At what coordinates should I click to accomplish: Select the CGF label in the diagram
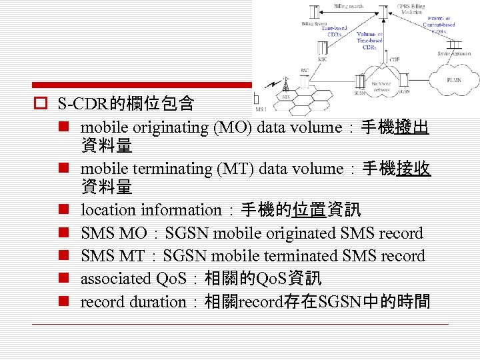[395, 60]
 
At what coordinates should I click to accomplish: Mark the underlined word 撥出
[411, 127]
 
